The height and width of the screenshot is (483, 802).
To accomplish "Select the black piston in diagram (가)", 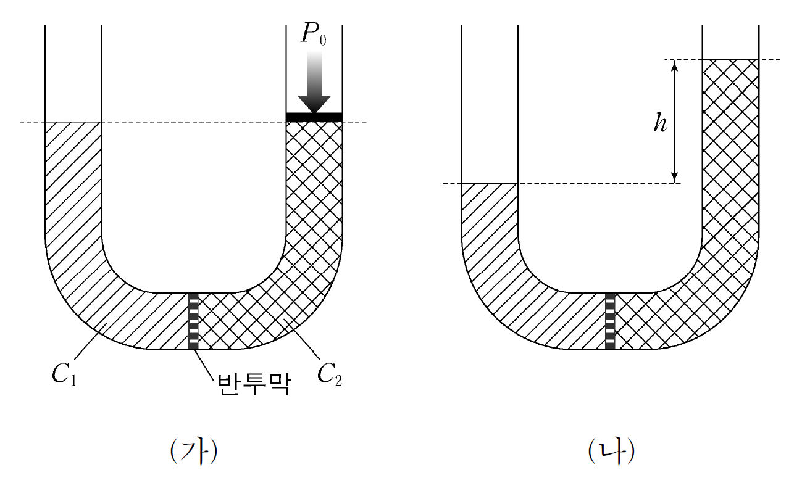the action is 314,117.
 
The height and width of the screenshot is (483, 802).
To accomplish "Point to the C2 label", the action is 329,375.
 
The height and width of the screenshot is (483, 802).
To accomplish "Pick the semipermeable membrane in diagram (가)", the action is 193,321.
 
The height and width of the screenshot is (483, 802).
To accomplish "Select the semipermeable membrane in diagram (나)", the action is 610,321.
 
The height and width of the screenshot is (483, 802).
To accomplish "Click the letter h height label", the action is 660,124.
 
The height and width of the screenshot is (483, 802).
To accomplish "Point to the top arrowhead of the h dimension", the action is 675,65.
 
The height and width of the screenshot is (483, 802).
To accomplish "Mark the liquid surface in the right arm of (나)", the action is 730,60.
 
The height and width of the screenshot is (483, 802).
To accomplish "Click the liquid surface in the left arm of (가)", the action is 73,122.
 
